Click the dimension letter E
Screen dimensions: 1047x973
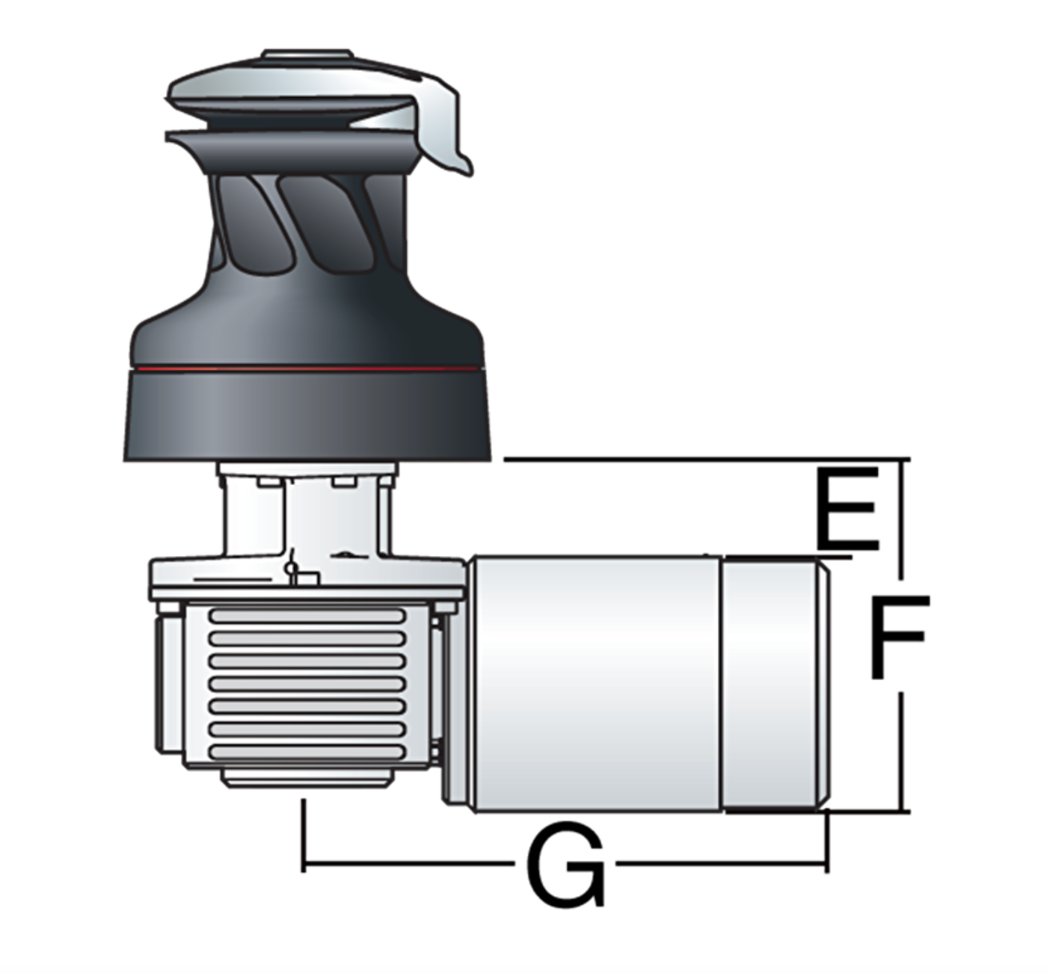click(847, 508)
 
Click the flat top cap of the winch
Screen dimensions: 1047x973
click(307, 55)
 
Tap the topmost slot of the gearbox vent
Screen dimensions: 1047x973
click(307, 616)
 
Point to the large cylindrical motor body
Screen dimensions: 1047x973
click(596, 685)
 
